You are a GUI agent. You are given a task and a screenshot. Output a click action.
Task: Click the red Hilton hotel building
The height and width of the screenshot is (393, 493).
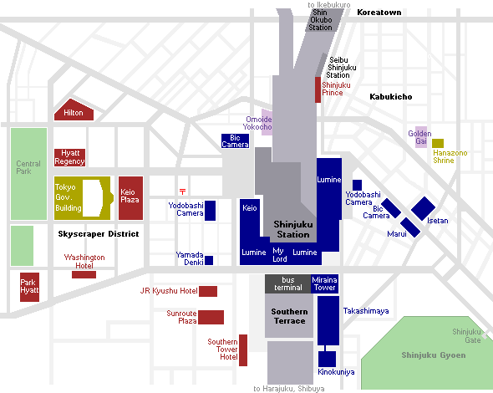(74, 110)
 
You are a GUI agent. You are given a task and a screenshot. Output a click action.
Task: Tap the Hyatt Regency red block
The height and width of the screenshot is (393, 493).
(70, 157)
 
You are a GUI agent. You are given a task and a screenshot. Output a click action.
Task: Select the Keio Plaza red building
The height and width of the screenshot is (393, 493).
(131, 198)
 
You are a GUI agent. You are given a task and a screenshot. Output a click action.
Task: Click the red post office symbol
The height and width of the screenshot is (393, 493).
(183, 191)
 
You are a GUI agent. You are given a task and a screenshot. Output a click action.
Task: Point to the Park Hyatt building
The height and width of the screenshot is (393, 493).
(29, 287)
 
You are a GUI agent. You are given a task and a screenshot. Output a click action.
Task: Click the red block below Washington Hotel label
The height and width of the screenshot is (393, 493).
(84, 275)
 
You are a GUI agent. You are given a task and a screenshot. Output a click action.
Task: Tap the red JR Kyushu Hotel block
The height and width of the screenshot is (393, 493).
(208, 291)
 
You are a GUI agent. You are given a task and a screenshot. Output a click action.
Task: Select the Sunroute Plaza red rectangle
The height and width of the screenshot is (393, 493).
(211, 317)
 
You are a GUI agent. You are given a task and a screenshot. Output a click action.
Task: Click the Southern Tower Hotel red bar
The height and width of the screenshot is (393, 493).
(243, 350)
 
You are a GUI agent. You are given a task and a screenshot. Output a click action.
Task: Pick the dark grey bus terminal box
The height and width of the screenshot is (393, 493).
(287, 283)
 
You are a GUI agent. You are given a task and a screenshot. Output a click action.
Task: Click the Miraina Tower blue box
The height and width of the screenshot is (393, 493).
(325, 283)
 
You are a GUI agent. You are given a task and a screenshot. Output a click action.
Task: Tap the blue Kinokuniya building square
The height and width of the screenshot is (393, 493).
(327, 359)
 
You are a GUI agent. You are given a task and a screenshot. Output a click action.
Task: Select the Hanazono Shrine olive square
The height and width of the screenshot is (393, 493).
(438, 143)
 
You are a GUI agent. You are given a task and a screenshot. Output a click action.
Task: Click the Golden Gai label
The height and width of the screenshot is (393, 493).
(419, 137)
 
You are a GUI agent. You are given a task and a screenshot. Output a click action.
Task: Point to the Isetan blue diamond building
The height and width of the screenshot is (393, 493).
(423, 208)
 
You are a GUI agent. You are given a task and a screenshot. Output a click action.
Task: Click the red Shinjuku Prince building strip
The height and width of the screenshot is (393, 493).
(318, 89)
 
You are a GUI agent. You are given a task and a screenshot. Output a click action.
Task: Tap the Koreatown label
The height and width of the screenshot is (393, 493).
(379, 13)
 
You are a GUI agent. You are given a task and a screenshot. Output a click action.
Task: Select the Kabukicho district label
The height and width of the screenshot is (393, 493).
(391, 97)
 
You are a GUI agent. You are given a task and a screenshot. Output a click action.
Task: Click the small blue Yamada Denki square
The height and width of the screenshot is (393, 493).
(209, 261)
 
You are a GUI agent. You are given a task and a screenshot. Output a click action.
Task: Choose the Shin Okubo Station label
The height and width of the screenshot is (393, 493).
(320, 20)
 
